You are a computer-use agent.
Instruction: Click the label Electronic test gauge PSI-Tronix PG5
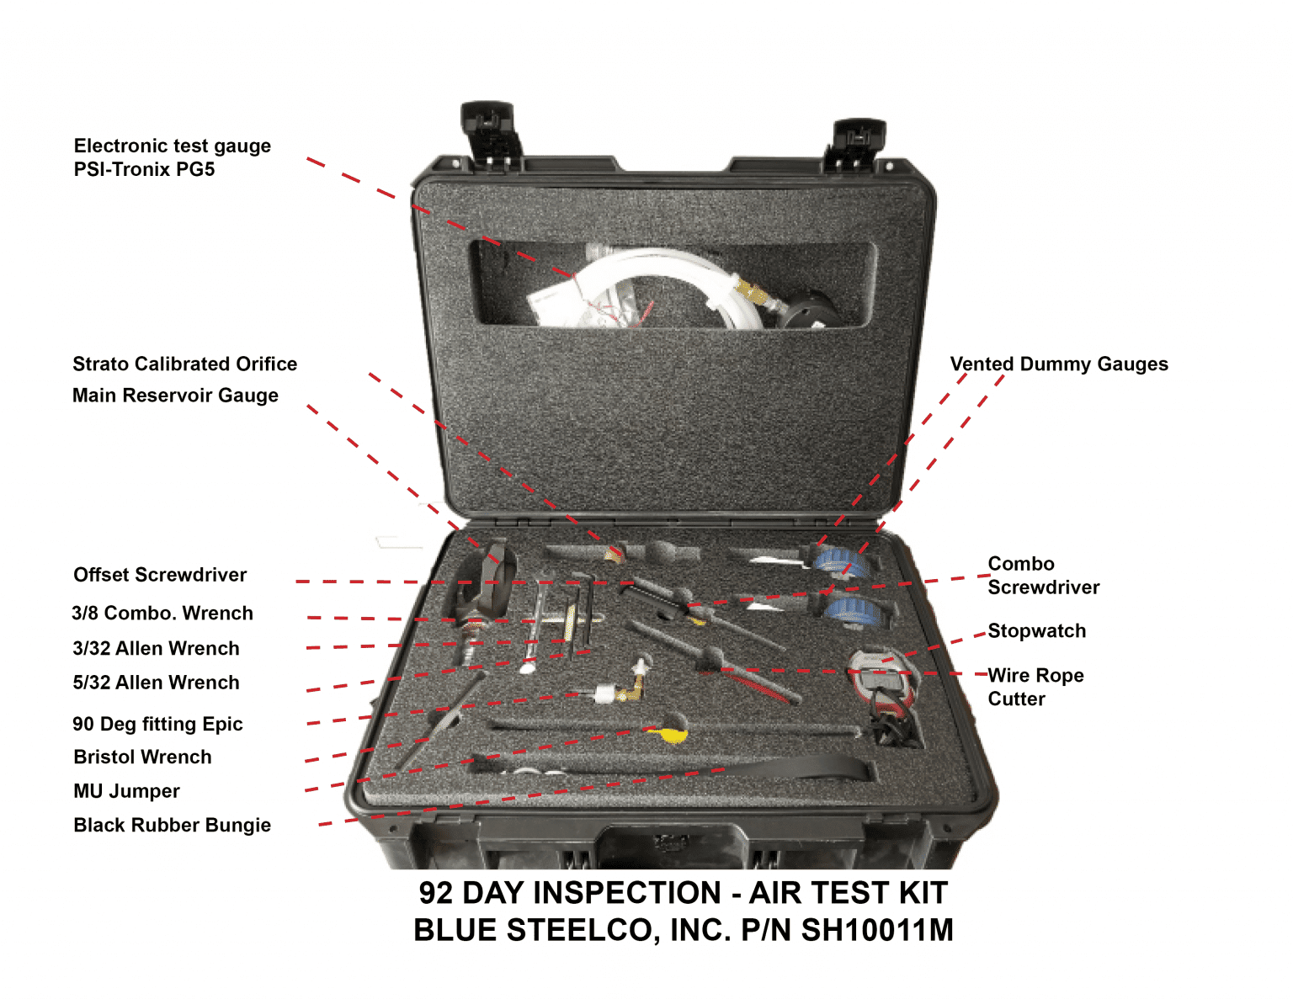(172, 157)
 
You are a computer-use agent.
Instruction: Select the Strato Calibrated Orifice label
(184, 364)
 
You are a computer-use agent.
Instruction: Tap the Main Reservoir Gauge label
(175, 395)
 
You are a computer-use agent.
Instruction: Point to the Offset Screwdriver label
(160, 575)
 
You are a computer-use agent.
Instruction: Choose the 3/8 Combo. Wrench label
(162, 613)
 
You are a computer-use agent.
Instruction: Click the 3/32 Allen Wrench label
(156, 648)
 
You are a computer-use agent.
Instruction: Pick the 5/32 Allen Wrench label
(156, 683)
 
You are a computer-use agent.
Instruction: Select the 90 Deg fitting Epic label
(157, 724)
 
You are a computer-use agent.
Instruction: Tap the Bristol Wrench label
(142, 757)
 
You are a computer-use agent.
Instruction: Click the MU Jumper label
(126, 791)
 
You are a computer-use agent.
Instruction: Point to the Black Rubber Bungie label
(172, 825)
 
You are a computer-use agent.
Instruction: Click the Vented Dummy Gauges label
(1059, 364)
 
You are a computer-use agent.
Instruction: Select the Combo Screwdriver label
(1043, 576)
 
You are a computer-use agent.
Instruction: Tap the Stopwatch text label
(1036, 631)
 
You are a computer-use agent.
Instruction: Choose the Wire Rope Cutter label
(1035, 687)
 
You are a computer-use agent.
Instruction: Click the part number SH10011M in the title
(876, 930)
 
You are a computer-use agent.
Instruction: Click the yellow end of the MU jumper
(671, 734)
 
